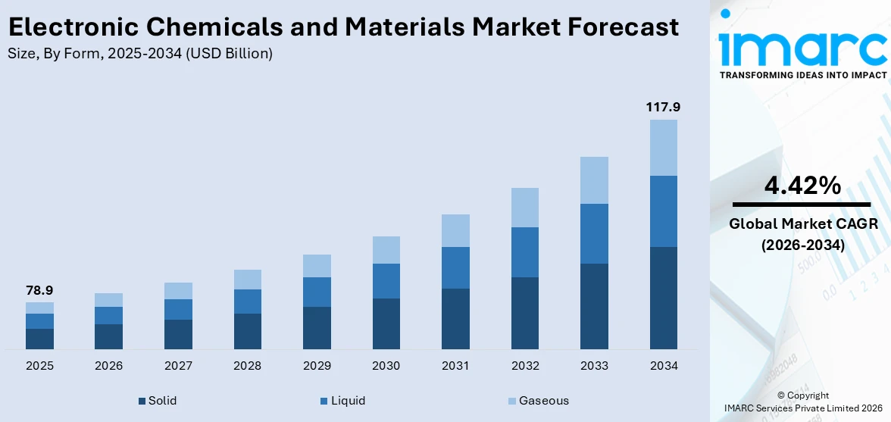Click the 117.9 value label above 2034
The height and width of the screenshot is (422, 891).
coord(663,108)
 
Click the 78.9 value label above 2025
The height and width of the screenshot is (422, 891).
coord(39,290)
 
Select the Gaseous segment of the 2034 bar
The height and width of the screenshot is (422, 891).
coord(664,148)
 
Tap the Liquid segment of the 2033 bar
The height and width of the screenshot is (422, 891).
coord(594,233)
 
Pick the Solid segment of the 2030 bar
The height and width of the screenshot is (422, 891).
coord(386,324)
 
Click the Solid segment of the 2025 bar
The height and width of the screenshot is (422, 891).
coord(39,339)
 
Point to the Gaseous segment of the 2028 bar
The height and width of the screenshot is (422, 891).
coord(247,280)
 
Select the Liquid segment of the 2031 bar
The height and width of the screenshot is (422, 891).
coord(455,267)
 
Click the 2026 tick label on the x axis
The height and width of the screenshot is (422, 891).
coord(109,366)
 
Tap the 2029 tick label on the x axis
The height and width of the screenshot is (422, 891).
coord(317,366)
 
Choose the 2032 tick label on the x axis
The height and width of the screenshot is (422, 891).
coord(525,366)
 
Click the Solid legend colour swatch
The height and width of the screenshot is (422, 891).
coord(142,401)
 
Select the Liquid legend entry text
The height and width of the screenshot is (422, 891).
coord(348,401)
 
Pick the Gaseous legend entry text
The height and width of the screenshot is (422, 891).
coord(543,401)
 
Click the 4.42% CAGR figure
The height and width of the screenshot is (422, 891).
coord(801,185)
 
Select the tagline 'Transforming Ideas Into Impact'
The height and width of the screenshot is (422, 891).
coord(802,75)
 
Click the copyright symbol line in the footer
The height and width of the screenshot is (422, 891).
coord(802,395)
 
